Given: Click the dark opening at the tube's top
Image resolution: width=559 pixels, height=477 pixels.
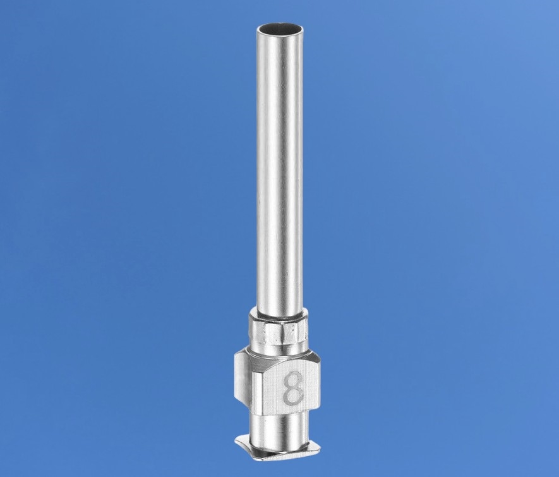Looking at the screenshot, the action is pos(280,28).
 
